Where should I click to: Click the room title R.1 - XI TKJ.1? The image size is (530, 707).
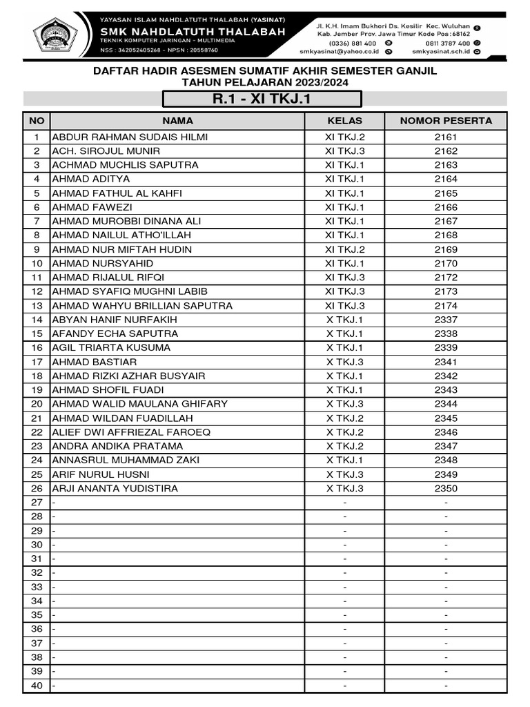coord(262,99)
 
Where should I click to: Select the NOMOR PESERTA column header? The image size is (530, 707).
coord(446,121)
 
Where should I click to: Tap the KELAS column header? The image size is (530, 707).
coord(344,121)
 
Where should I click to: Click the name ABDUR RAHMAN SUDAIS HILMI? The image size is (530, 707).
coord(130,137)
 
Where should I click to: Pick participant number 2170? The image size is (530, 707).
coord(446,263)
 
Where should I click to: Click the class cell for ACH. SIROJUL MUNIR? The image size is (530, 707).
coord(344,151)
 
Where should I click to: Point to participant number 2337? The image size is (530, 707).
coord(446,320)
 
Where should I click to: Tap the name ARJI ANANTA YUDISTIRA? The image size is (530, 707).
coord(115,488)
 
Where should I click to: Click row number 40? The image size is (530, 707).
coord(37,686)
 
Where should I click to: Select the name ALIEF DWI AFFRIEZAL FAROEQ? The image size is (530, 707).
coord(131,432)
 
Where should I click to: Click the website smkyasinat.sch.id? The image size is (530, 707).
coord(442,52)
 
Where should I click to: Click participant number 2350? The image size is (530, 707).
coord(446,488)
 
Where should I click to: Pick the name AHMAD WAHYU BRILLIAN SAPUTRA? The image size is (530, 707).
coord(142,305)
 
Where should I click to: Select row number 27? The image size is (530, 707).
coord(37,503)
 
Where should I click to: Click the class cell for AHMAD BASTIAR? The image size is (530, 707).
coord(344,362)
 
